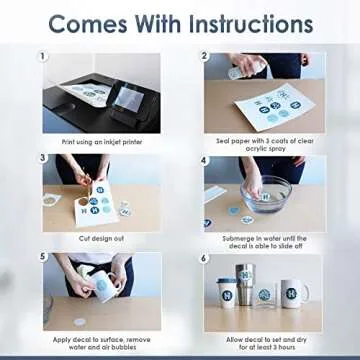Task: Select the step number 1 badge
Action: [x=42, y=56]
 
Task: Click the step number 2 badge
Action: [x=204, y=56]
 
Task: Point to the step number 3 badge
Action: [x=42, y=158]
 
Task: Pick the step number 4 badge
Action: [x=204, y=160]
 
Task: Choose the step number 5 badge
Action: [x=42, y=257]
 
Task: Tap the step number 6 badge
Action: [x=204, y=259]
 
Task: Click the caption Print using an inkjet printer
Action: [x=102, y=142]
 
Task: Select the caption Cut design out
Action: [x=102, y=239]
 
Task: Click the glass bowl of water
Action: [x=266, y=194]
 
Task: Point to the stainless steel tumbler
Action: [x=245, y=285]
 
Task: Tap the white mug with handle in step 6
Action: [x=293, y=294]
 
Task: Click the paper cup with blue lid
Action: [x=227, y=293]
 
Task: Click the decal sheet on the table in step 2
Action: [x=275, y=107]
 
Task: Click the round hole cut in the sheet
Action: [x=83, y=202]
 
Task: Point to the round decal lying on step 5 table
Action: [x=80, y=322]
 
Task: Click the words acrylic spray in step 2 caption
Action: [x=265, y=149]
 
